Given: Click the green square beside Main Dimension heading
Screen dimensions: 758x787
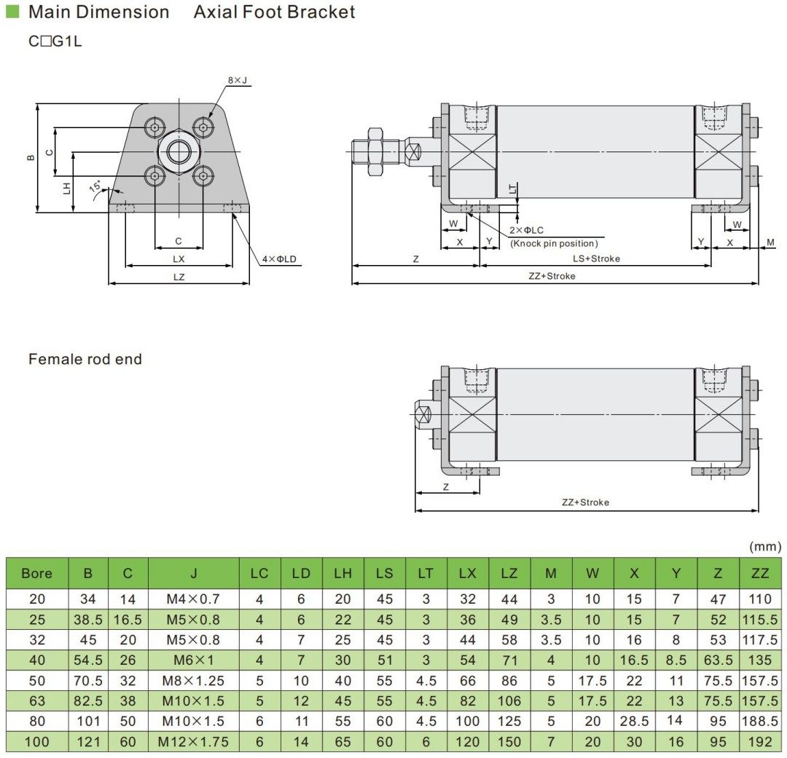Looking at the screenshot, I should (12, 12).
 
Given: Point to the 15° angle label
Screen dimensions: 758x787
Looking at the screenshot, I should (95, 187).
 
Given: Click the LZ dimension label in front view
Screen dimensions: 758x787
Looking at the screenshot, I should (179, 277).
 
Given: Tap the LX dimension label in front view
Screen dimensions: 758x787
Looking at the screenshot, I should (179, 258).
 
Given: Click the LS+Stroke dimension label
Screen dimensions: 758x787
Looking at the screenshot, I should (596, 258).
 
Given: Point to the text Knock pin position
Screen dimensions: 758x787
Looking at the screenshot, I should (554, 243).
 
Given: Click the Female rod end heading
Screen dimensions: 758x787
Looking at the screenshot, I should (85, 359).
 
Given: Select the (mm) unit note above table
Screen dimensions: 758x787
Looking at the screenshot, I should (764, 546).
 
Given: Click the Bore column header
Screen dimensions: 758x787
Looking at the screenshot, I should (36, 573).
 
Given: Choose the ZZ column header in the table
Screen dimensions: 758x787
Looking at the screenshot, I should (760, 573).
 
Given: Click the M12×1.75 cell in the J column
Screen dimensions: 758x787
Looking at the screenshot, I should (193, 742).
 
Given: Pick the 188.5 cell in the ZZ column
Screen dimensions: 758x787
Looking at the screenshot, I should (760, 722).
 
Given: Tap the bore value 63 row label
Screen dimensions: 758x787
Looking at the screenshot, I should (36, 701).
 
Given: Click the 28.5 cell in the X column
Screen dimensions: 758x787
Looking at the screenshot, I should (634, 722).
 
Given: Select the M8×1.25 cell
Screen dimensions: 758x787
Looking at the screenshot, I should (193, 681).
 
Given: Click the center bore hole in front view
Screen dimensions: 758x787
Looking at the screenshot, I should (179, 152).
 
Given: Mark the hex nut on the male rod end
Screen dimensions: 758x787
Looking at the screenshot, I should (375, 152).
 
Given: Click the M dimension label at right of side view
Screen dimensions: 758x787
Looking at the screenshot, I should (771, 242).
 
